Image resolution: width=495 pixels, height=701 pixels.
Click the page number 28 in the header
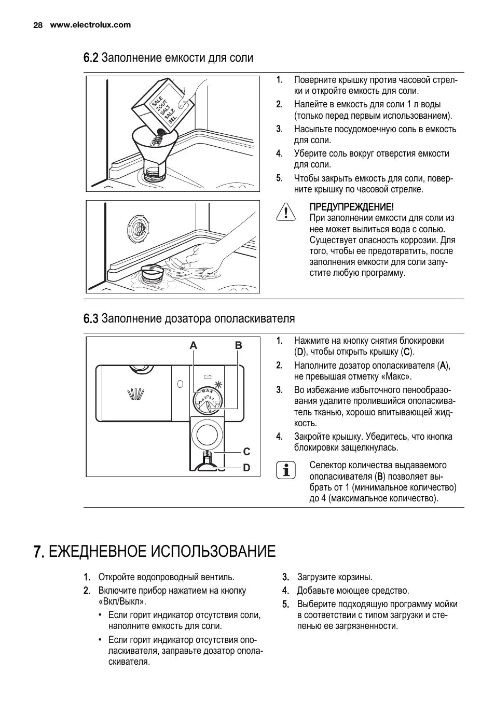tap(37, 25)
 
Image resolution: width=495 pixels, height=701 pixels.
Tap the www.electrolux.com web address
tap(90, 25)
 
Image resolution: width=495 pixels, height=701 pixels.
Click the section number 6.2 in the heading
tap(91, 58)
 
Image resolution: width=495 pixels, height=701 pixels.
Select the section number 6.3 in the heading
tap(91, 318)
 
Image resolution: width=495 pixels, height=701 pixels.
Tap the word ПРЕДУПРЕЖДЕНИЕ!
tap(351, 207)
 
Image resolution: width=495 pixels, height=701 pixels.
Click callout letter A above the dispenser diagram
tap(194, 345)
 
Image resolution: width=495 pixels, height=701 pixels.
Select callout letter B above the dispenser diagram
tap(239, 345)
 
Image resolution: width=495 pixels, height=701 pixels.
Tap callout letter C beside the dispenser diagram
tap(246, 452)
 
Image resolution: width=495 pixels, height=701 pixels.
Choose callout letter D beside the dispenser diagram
tap(246, 468)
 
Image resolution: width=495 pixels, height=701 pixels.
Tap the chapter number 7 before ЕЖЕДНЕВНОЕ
tap(37, 551)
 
